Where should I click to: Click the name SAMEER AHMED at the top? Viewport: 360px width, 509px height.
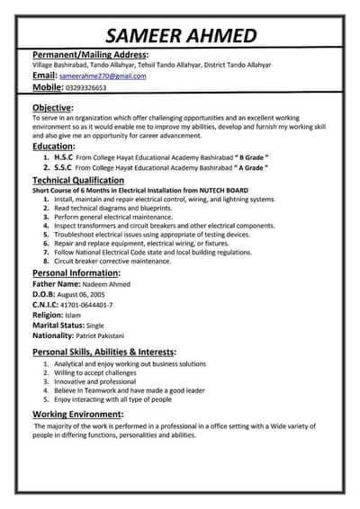[x=181, y=35]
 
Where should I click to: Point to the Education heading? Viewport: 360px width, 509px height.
[x=53, y=146]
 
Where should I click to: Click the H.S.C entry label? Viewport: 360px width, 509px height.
[x=63, y=157]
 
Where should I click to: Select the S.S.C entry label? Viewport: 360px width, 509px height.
[x=62, y=168]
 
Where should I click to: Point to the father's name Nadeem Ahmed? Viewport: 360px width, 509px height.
[x=105, y=284]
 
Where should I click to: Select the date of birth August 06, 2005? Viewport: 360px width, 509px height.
[x=81, y=294]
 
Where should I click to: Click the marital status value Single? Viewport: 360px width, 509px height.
[x=95, y=326]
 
